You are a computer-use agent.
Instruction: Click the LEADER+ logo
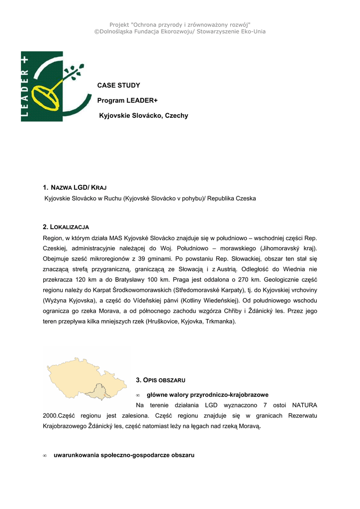click(52, 86)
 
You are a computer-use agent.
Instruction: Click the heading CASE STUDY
click(118, 85)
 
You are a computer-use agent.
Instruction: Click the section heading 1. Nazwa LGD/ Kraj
click(75, 187)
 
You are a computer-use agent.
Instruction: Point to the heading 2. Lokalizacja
click(66, 227)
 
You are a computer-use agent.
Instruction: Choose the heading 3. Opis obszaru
click(160, 380)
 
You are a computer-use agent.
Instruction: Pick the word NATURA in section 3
click(304, 405)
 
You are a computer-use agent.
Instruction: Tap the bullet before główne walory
click(138, 395)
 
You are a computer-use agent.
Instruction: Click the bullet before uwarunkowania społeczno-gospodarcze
click(45, 455)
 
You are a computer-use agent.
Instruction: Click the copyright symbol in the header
click(97, 31)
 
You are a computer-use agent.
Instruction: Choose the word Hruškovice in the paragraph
click(162, 322)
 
